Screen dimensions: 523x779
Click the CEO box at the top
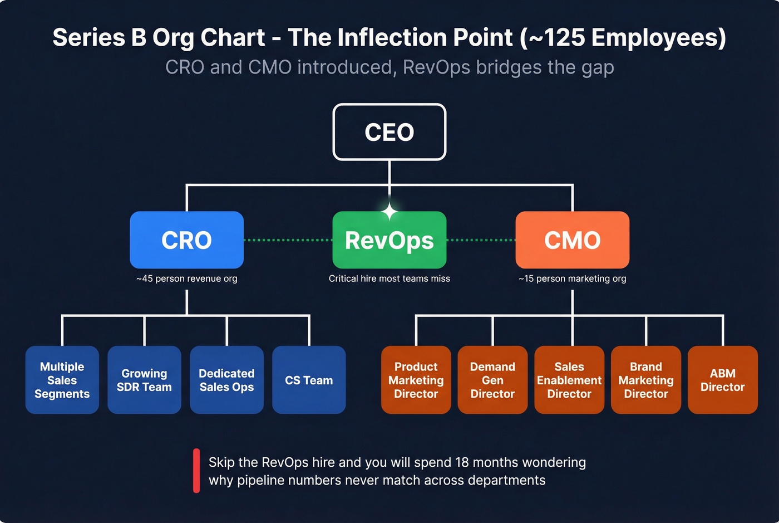389,132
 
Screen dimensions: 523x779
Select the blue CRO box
186,240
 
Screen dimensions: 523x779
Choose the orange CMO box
572,240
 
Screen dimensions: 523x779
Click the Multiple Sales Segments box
62,380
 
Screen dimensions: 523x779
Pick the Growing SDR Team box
144,380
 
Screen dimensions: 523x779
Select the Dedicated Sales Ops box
226,380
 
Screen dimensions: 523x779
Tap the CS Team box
309,380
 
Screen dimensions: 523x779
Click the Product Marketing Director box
416,380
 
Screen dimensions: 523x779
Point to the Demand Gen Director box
492,380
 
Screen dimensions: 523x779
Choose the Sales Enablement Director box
569,380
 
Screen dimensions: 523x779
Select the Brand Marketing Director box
645,380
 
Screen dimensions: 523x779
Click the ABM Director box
722,380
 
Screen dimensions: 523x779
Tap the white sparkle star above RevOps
389,212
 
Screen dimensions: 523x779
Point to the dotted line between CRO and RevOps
288,240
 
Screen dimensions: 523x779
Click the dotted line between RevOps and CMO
481,240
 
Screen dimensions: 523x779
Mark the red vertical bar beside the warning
196,471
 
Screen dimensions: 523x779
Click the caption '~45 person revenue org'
186,278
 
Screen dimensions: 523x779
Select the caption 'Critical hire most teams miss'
389,278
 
